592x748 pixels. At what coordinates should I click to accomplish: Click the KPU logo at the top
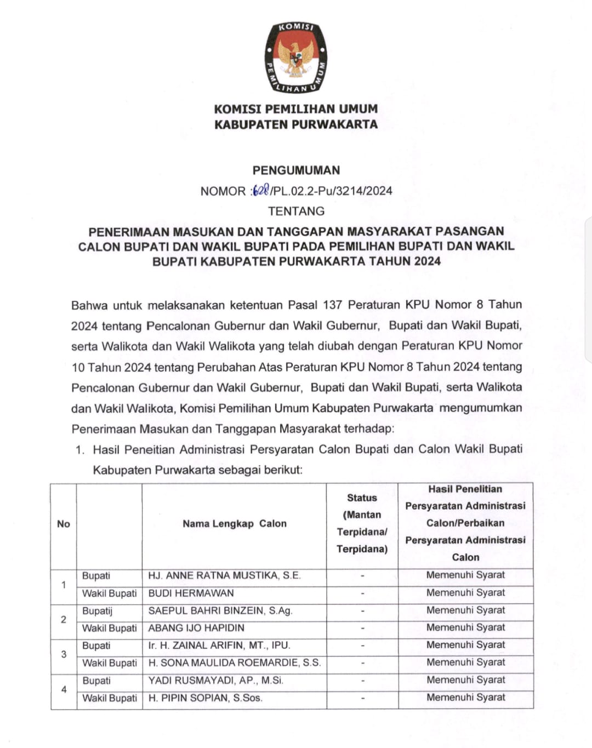[296, 58]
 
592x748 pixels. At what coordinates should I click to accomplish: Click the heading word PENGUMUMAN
[296, 170]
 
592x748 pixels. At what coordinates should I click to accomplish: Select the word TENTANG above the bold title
[296, 211]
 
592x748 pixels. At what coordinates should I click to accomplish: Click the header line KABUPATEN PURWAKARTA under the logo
[296, 124]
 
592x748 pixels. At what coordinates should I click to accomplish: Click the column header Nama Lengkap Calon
[235, 523]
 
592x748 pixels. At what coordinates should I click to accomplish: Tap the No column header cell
[64, 524]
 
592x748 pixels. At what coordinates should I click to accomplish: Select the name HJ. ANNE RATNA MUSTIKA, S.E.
[224, 575]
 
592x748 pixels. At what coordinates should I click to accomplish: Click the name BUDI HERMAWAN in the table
[191, 593]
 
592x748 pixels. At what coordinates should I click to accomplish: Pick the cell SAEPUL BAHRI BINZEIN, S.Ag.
[220, 610]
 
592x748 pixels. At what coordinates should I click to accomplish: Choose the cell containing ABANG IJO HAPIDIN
[196, 628]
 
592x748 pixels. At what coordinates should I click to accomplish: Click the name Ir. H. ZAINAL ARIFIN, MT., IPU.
[219, 646]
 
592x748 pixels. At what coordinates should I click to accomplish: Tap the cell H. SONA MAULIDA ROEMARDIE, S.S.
[235, 663]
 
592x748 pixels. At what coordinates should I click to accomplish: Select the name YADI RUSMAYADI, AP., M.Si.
[216, 681]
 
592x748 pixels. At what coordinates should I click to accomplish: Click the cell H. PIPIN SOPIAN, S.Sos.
[206, 698]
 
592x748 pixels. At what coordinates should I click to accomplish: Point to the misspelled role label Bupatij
[97, 610]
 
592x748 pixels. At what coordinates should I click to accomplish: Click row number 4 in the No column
[64, 689]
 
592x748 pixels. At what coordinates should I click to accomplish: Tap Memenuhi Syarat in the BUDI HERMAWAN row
[465, 593]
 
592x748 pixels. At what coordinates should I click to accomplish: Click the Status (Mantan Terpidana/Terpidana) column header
[362, 523]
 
